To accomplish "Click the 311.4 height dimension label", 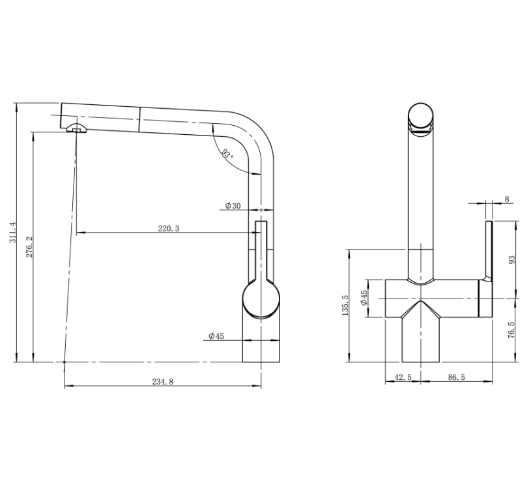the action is tap(12, 232).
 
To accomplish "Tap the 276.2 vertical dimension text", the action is tap(29, 247).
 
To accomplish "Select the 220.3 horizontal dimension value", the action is tap(169, 229).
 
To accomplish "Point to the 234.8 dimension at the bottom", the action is tap(162, 382).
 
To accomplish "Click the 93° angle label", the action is tap(227, 154).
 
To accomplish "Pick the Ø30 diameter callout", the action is tap(233, 205).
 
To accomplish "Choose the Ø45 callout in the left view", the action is tap(216, 336).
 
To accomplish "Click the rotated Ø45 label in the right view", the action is tap(364, 298).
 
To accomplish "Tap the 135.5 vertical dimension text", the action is tap(345, 305).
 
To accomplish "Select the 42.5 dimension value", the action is tap(403, 377).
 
